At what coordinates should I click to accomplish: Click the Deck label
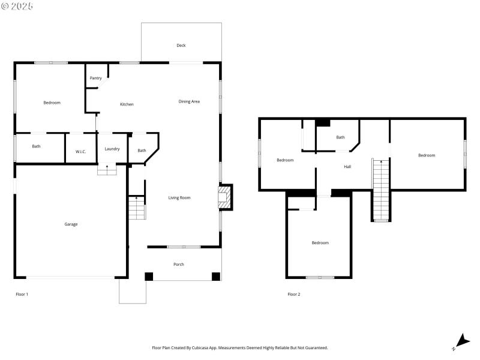(181, 46)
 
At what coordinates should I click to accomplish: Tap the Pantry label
(95, 78)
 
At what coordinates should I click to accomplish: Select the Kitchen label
(127, 104)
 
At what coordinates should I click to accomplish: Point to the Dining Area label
(189, 101)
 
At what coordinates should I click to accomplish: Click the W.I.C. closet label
(80, 151)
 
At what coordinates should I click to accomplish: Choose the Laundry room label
(112, 149)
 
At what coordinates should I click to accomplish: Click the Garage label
(71, 224)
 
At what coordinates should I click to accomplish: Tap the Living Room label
(179, 197)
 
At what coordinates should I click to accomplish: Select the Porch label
(179, 264)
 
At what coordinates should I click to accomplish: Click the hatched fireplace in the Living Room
(224, 197)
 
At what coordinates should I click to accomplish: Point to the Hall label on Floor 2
(347, 166)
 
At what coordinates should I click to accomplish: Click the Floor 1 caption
(22, 294)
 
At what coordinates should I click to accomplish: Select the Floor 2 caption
(293, 294)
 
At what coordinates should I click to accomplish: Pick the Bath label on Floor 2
(340, 137)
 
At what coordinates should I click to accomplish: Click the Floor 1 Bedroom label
(52, 103)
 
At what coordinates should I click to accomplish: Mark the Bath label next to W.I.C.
(37, 146)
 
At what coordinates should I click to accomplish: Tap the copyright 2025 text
(17, 6)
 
